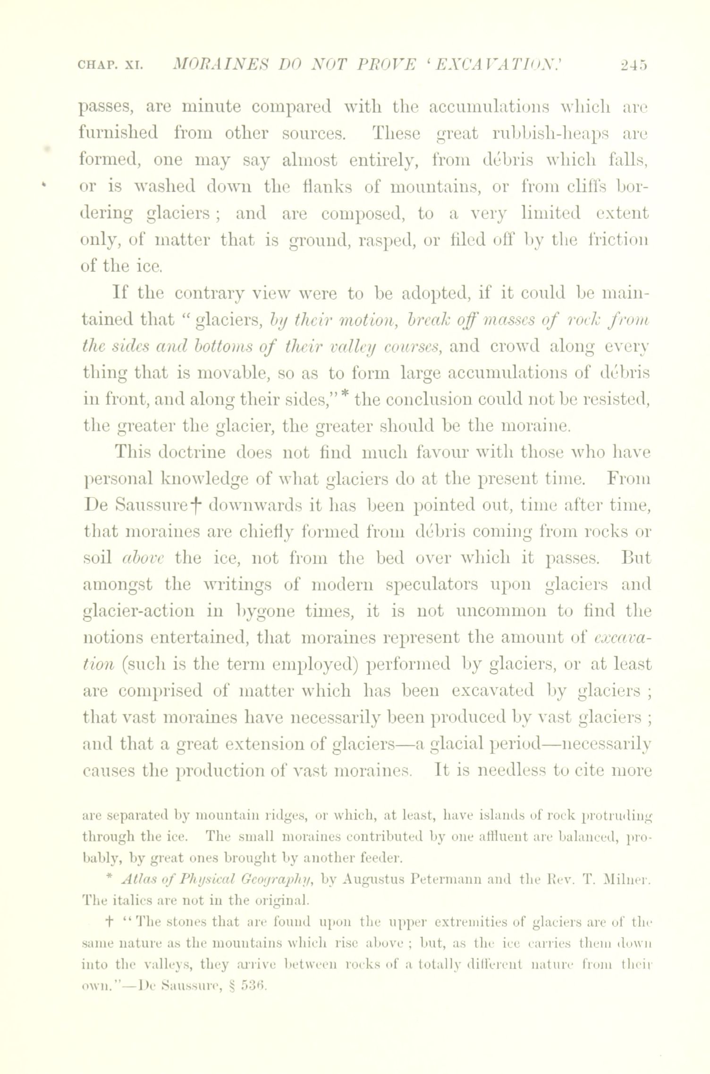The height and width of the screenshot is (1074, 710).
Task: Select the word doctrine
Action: click(x=195, y=453)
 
